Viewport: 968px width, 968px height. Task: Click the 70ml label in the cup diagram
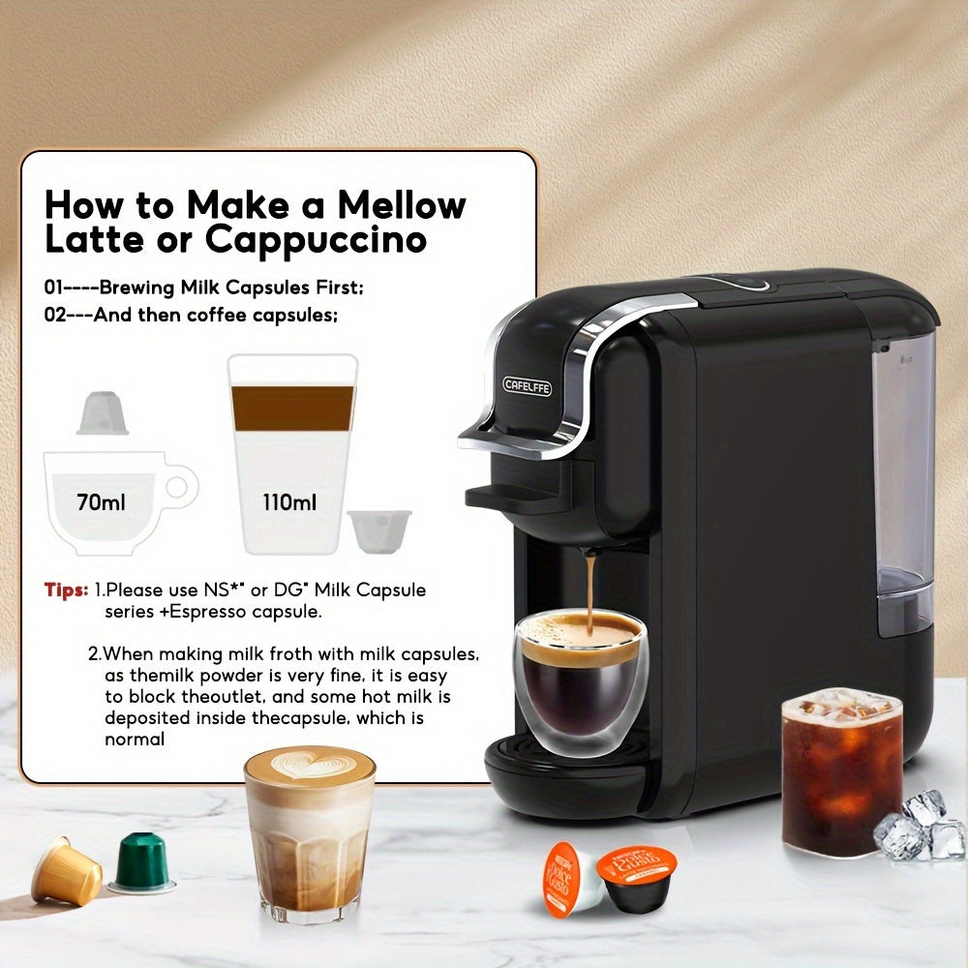pos(102,502)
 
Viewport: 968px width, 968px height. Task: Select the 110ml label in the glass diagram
pos(289,502)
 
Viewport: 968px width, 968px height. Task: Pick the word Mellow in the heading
pos(401,204)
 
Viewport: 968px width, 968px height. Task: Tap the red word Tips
pos(66,590)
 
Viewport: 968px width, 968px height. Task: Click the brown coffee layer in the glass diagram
pos(291,408)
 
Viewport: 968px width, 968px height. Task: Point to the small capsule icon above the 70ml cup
pos(102,413)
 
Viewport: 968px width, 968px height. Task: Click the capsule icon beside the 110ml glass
pos(379,531)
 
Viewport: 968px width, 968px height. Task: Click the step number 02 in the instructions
pos(57,315)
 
